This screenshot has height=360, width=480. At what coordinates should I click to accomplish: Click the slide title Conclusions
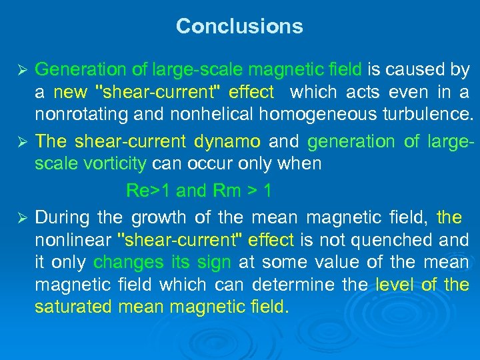tap(239, 27)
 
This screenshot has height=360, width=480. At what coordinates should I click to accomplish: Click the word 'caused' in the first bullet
tap(412, 69)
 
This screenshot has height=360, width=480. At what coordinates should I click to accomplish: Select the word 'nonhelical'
tap(203, 114)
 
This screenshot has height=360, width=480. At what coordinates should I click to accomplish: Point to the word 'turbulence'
tap(429, 114)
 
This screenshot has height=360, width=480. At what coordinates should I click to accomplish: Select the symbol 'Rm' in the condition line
tap(227, 191)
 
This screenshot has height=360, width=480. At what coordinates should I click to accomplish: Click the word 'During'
tap(62, 217)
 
